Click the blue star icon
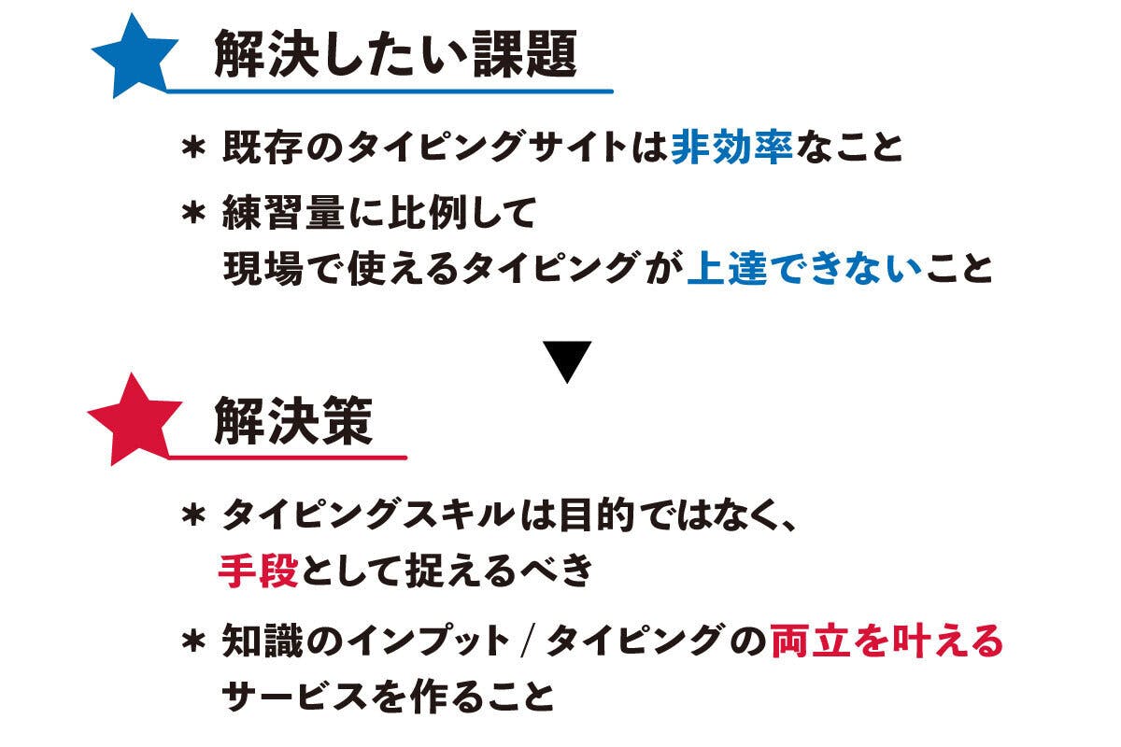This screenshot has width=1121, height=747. pos(135,59)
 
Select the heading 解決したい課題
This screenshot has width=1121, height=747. pos(396,54)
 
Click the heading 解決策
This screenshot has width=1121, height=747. pos(293,421)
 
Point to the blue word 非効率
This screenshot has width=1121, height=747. pos(731,148)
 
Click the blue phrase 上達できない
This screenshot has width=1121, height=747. pos(804,268)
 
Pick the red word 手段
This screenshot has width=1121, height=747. pos(258,571)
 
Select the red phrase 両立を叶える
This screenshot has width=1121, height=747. pos(887,641)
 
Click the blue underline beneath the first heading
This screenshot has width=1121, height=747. pos(390,92)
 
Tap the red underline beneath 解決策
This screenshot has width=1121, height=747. pos(288,458)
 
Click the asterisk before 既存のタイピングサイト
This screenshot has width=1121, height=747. pos(193,148)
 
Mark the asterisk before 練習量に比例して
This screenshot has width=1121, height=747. pos(193,213)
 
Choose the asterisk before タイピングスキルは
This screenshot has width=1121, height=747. pos(193,515)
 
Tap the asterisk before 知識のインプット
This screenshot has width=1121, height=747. pos(193,641)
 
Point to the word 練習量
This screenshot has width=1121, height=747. pos(283,212)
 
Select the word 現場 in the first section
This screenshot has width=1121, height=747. pos(263,268)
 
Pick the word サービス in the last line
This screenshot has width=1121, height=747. pos(293,696)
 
